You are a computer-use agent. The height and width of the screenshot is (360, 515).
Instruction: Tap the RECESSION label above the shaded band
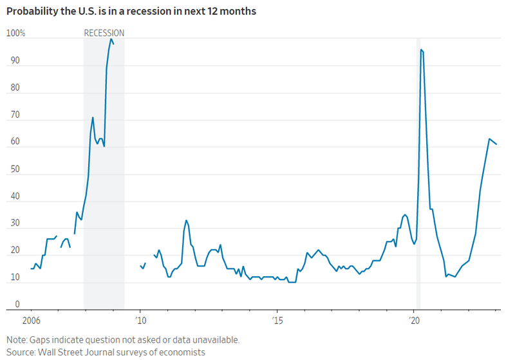[104, 33]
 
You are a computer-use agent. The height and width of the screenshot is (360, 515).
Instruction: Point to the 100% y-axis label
[16, 33]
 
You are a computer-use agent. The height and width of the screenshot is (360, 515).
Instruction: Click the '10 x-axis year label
[141, 320]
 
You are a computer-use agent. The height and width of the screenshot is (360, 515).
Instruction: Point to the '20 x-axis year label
[415, 320]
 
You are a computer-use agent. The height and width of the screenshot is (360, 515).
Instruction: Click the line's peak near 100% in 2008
[111, 39]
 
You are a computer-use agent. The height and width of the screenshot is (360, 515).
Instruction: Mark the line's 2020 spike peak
[421, 50]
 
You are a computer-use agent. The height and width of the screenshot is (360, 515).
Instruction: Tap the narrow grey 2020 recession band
[418, 193]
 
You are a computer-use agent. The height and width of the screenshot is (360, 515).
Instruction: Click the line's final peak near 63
[489, 138]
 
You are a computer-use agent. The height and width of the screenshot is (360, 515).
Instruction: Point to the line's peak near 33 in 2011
[186, 220]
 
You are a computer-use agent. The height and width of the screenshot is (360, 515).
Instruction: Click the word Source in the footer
[21, 352]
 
